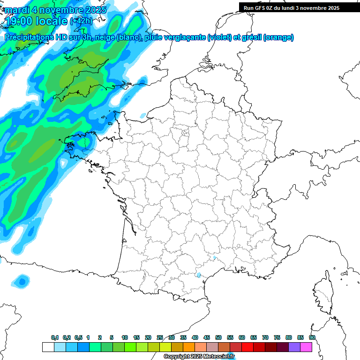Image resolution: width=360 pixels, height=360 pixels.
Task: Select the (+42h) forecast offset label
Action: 81,21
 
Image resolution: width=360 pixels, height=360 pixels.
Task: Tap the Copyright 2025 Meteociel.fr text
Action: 199,357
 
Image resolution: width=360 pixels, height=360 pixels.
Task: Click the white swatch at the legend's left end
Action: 48,347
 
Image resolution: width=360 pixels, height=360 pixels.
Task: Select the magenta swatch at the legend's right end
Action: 306,347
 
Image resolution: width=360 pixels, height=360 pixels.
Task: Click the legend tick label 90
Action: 312,337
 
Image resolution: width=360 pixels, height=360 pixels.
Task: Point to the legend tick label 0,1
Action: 55,337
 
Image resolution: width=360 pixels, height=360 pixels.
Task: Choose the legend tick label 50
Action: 218,337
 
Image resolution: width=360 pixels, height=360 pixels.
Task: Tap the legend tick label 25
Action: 160,337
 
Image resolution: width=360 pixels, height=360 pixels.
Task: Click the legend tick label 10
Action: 125,337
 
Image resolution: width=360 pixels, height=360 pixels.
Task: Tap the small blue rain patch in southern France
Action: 199,275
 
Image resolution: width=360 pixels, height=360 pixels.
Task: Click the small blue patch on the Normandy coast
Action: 143,115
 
